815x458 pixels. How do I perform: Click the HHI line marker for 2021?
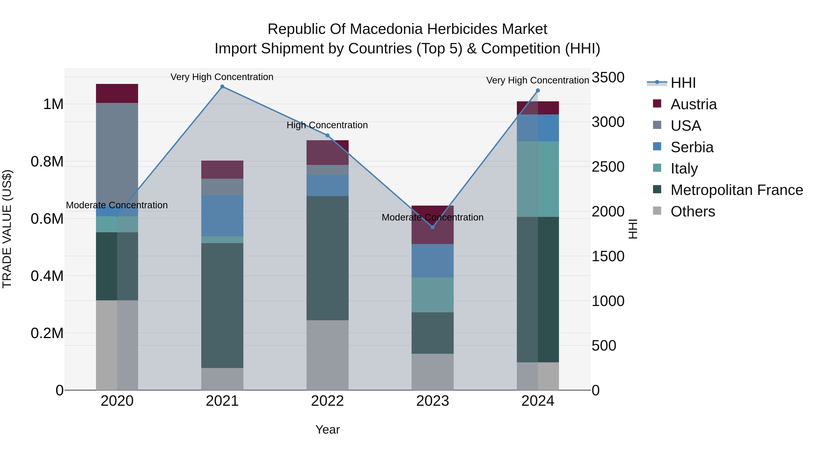222,87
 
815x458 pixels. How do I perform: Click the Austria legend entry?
693,104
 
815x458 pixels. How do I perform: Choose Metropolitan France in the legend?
736,190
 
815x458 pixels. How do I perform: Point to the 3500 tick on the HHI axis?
608,77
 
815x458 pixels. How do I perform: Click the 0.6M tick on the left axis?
47,219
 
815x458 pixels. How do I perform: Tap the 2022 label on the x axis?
327,401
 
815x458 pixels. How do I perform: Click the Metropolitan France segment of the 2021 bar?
222,305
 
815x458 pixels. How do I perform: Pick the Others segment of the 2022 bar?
327,355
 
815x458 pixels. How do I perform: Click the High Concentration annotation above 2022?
327,125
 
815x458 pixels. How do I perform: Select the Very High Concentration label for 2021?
222,77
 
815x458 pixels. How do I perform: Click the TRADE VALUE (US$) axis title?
7,229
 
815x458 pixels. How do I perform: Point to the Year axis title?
327,430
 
